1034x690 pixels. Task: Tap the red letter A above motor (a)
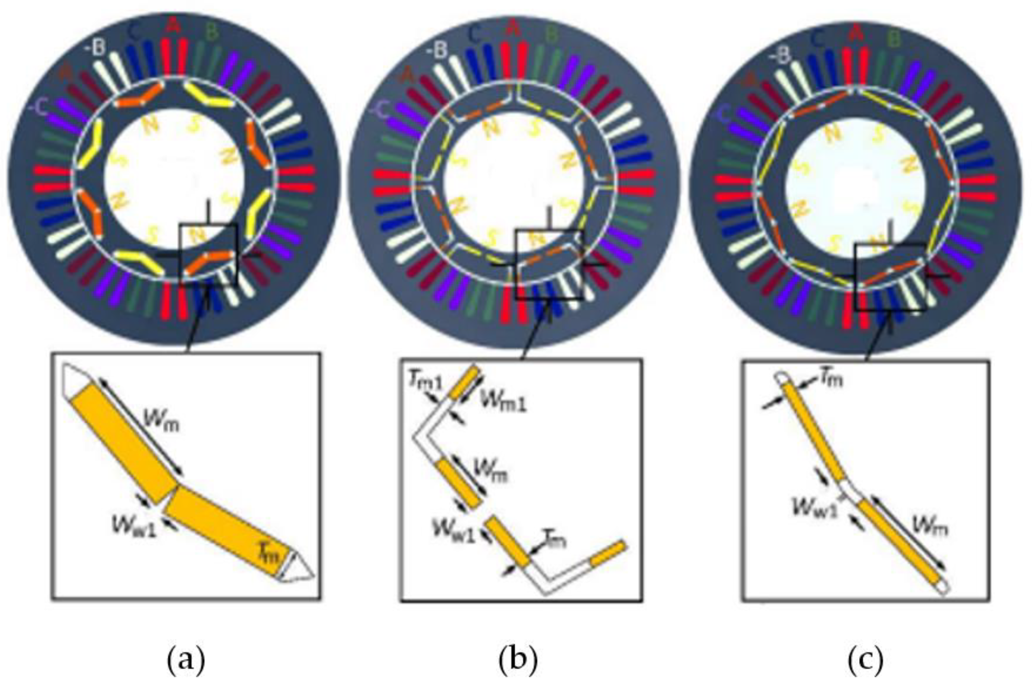coord(174,26)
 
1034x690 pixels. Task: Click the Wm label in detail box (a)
coord(162,422)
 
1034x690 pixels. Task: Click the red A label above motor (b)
coord(512,29)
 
